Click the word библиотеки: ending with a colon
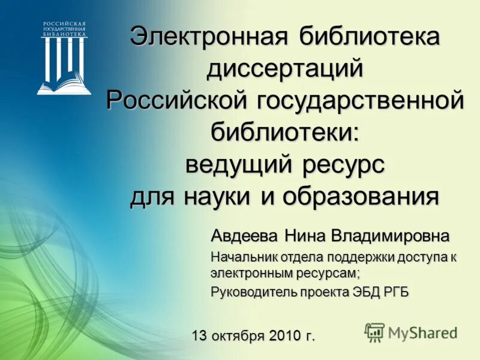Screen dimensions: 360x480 [285, 131]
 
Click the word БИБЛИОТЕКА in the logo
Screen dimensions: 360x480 [64, 35]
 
